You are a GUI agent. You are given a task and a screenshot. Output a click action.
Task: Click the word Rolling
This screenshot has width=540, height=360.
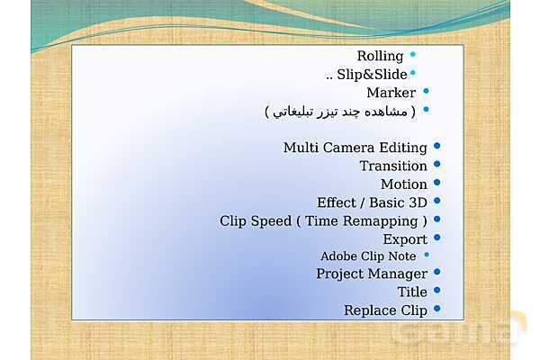[x=380, y=56]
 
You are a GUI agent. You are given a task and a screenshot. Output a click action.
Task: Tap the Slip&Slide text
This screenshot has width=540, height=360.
[x=372, y=75]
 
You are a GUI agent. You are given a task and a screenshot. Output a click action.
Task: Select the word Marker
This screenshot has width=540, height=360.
[x=391, y=93]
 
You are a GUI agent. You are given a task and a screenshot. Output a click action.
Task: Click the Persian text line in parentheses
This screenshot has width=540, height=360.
[x=340, y=112]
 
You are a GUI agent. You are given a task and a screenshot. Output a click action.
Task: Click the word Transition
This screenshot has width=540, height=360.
[x=393, y=166]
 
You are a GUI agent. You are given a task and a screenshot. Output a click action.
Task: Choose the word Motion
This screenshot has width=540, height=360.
[x=404, y=184]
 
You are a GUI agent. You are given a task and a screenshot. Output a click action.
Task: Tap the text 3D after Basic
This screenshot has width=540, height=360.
[x=418, y=202]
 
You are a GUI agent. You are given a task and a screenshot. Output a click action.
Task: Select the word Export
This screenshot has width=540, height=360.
[x=405, y=239]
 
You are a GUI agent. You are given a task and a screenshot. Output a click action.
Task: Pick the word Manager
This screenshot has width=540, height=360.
[x=398, y=274]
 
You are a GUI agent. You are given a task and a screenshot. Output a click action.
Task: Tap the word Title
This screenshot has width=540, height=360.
[x=412, y=292]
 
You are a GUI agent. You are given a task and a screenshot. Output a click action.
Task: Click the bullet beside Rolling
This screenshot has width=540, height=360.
[x=412, y=54]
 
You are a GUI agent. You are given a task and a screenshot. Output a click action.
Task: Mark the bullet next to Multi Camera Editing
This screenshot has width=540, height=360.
[x=437, y=146]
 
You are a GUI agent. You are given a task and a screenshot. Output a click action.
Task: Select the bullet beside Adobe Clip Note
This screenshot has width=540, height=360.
[x=427, y=255]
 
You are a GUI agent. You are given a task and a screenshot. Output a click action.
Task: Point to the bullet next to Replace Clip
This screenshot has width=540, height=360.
[x=437, y=309]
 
